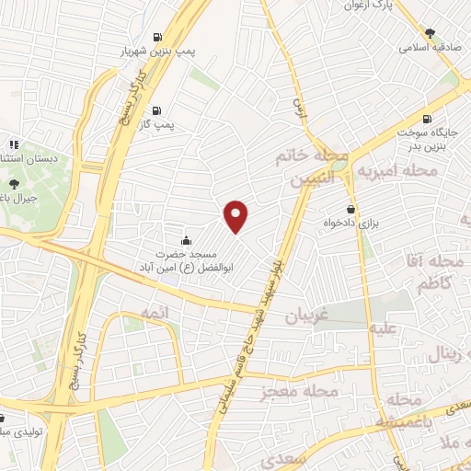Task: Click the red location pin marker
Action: point(237,215)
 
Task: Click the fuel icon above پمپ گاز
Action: point(156,109)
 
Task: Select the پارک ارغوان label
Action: point(362,6)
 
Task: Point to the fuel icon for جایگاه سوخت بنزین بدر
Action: point(426,119)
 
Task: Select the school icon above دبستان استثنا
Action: point(13,144)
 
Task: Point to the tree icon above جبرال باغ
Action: point(12,183)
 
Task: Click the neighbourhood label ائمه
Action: point(132,316)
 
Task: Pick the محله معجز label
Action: point(301,392)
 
